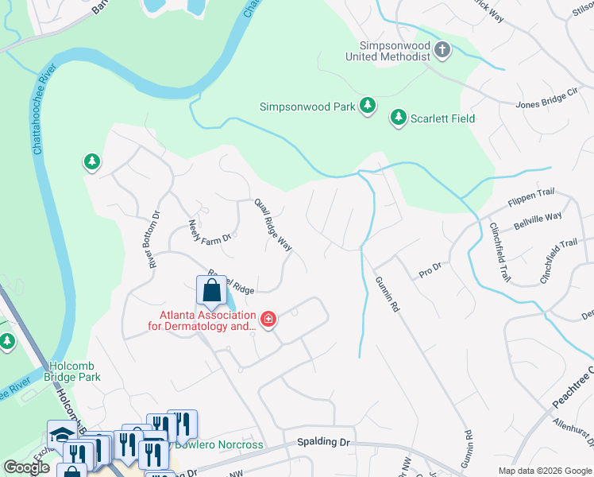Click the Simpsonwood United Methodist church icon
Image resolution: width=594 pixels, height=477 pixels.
tap(442, 51)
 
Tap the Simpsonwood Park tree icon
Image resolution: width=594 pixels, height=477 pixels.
tap(367, 106)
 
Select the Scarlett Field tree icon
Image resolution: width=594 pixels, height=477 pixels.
tap(398, 118)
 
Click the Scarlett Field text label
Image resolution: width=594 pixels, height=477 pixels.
tap(442, 118)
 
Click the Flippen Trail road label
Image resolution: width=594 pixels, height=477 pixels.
tap(530, 199)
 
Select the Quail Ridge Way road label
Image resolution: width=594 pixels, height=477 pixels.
tap(273, 225)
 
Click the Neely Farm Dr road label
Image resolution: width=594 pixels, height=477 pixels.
tap(210, 231)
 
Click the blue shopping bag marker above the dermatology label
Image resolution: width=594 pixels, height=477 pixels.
tap(211, 292)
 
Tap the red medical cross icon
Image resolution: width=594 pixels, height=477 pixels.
tap(268, 320)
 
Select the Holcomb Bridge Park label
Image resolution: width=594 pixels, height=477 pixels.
tap(75, 371)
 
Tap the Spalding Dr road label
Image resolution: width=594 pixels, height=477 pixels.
tap(323, 441)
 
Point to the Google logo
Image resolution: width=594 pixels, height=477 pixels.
tap(27, 467)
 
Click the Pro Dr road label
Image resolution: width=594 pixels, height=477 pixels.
tap(430, 273)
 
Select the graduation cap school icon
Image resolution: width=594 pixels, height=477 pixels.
tap(60, 433)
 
